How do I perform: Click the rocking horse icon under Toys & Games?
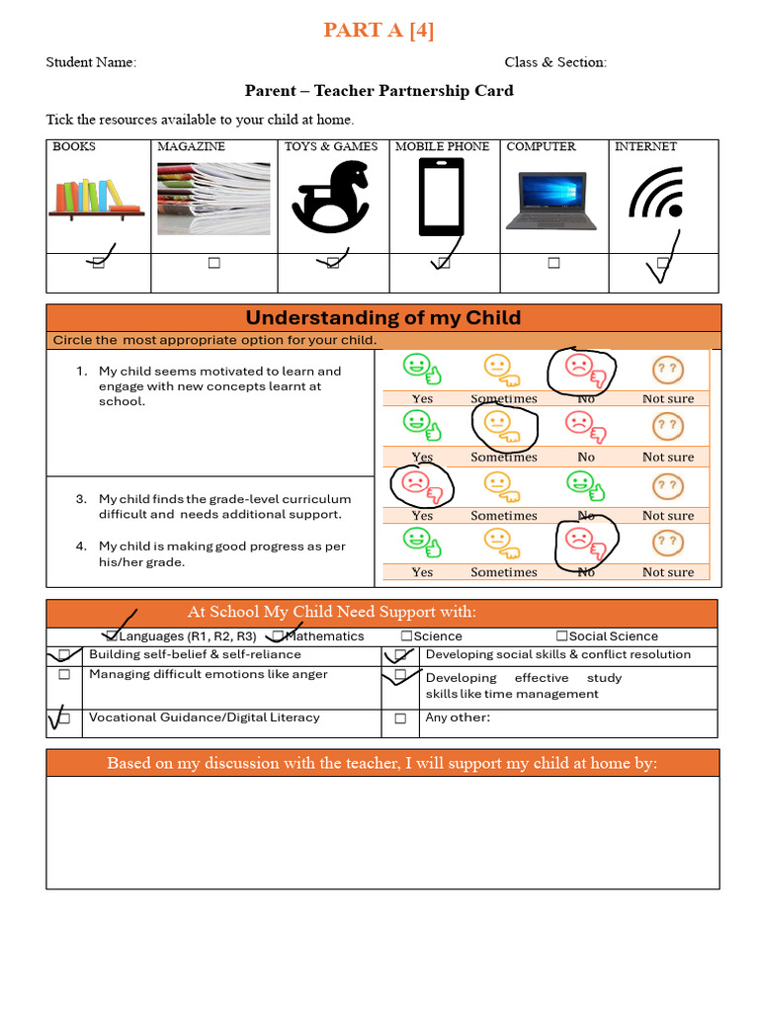[x=330, y=198]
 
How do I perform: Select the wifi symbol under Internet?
[x=656, y=193]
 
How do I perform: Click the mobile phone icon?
[x=441, y=199]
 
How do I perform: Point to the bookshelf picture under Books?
[x=97, y=197]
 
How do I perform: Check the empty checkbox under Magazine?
[x=213, y=263]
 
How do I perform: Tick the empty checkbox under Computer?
[x=553, y=263]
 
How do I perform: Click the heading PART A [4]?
[x=379, y=31]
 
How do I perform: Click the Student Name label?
[x=91, y=62]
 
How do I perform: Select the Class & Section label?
[x=555, y=62]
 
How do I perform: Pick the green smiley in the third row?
[x=581, y=483]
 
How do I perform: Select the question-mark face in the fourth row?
[x=668, y=542]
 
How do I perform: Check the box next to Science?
[x=406, y=636]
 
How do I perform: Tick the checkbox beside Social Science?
[x=561, y=636]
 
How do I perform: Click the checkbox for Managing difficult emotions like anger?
[x=64, y=675]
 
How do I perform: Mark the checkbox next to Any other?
[x=400, y=718]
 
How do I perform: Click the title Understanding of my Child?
[x=382, y=318]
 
